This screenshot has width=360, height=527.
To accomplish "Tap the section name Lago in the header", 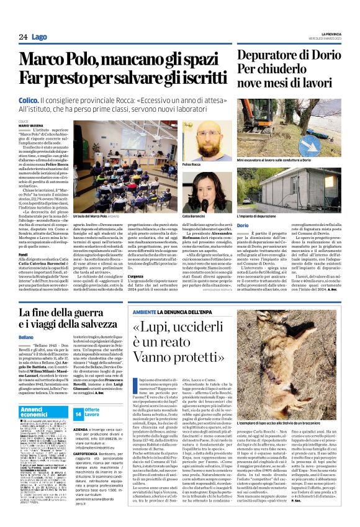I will (39, 37).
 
